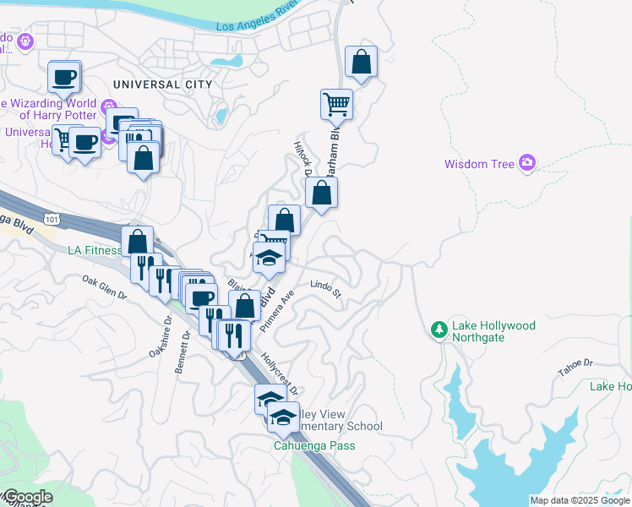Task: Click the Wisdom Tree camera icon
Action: (528, 162)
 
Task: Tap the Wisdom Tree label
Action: (479, 164)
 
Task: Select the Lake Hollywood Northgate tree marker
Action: (439, 329)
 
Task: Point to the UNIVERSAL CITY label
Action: (158, 84)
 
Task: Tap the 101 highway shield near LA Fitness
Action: (53, 220)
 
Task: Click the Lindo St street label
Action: (324, 290)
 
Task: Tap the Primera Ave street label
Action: (276, 312)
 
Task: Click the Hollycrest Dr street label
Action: (279, 373)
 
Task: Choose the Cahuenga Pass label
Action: (313, 445)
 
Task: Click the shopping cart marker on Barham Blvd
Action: (336, 105)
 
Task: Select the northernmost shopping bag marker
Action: (361, 61)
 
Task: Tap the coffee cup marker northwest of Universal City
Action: (63, 77)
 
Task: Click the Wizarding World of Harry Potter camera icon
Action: (108, 107)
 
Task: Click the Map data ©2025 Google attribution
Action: (579, 500)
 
